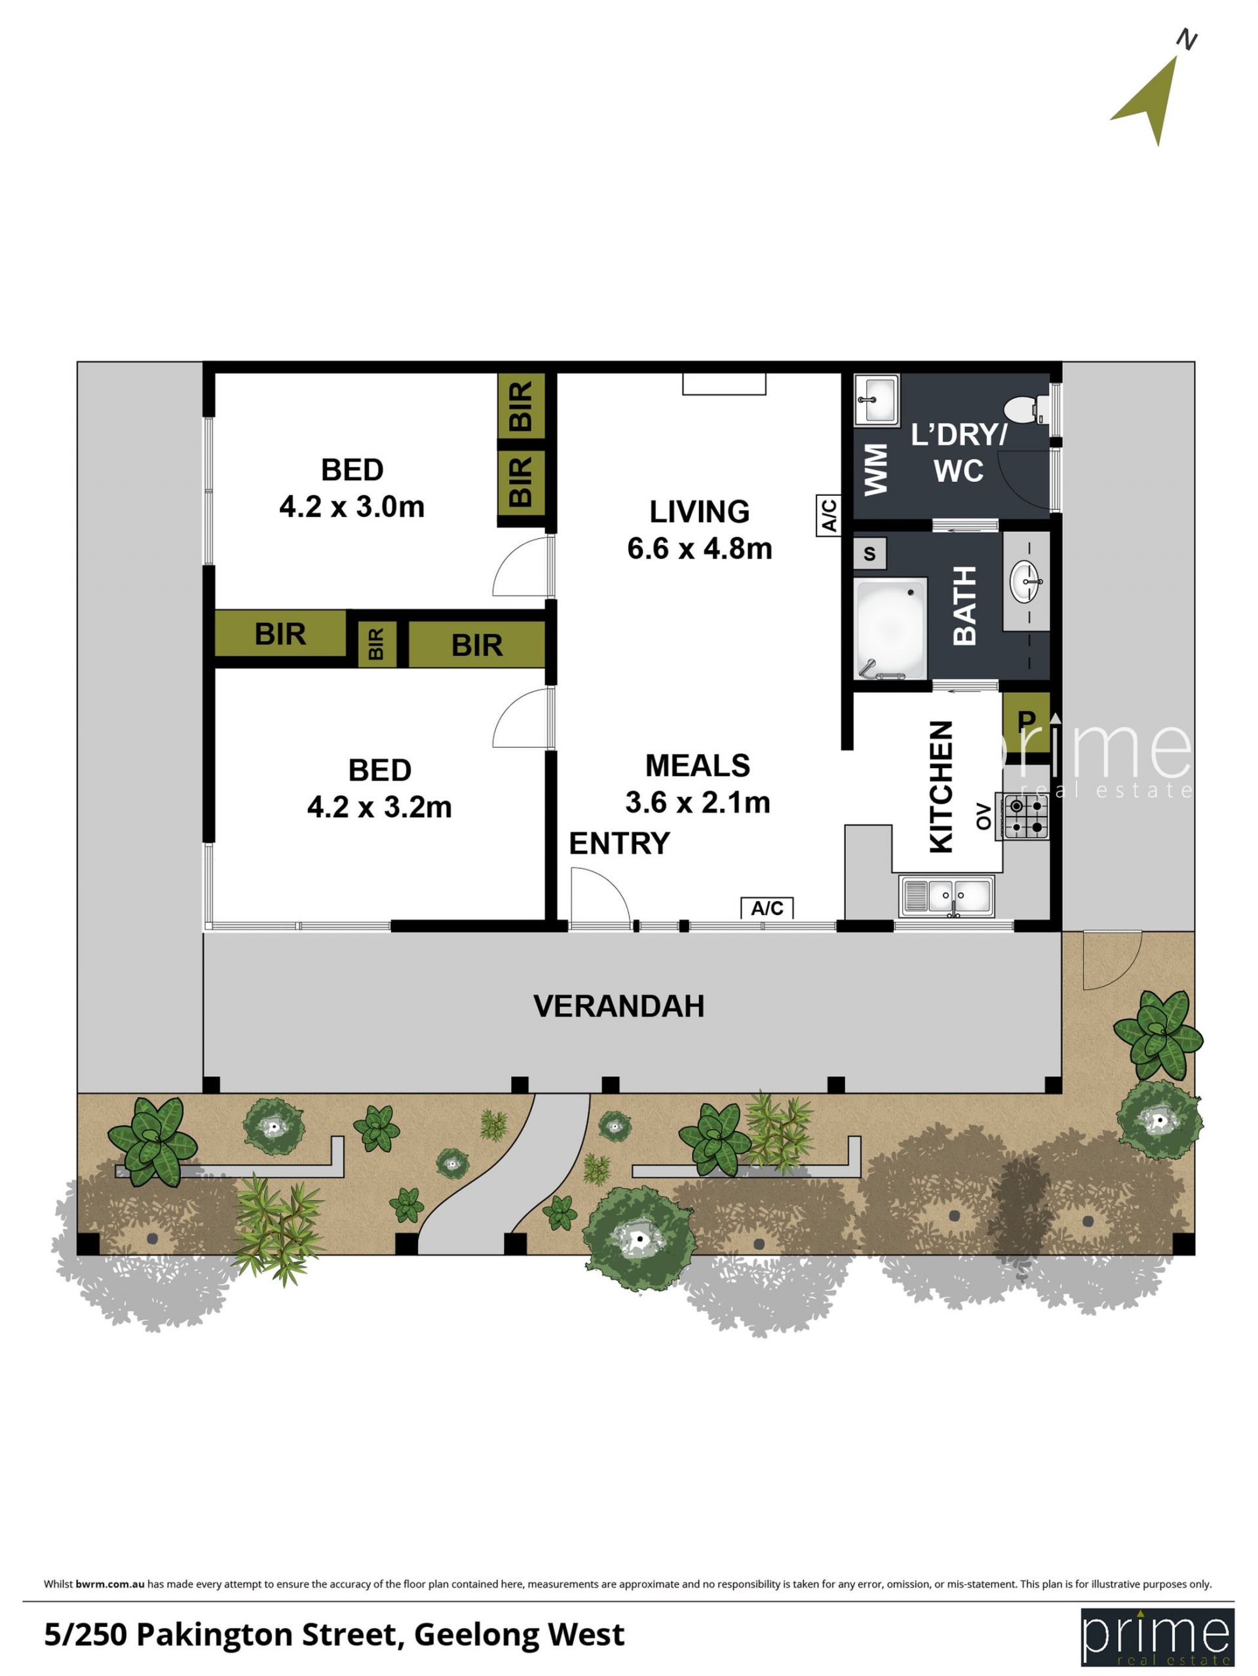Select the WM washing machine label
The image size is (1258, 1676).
coord(875,470)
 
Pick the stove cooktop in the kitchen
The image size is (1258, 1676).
coord(1022,817)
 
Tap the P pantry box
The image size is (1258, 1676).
coord(1026,721)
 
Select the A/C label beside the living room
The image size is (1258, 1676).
coord(828,515)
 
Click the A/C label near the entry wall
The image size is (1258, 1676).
coord(767,908)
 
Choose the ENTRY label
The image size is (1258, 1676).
coord(619,844)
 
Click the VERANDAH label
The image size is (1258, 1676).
coord(619,1006)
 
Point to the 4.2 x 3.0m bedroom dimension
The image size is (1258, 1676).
coord(352,507)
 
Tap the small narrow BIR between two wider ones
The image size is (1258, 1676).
coord(377,644)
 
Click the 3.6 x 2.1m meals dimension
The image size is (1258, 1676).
coord(697,802)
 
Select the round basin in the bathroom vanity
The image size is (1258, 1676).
coord(1027,582)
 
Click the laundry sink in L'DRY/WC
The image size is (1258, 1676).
coord(877,400)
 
